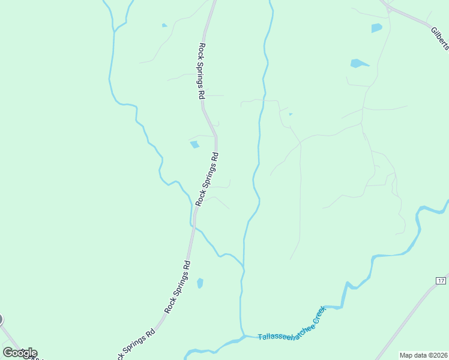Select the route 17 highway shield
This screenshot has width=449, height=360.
[x=441, y=281]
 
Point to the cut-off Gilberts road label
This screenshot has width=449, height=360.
[x=440, y=38]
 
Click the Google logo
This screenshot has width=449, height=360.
[x=20, y=352]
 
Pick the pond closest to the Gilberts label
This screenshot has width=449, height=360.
[x=376, y=28]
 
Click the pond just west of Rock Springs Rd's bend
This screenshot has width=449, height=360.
[x=194, y=144]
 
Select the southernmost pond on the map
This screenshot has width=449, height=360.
[x=200, y=283]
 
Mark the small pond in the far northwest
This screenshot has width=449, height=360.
[x=164, y=25]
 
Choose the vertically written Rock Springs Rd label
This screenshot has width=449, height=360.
[x=202, y=70]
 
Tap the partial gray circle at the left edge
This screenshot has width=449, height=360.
[x=1, y=320]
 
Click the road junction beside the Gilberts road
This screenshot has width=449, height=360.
[x=390, y=9]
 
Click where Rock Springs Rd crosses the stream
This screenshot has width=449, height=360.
[x=193, y=226]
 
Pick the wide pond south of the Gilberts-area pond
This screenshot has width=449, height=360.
[x=359, y=63]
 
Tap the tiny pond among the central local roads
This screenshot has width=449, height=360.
[x=291, y=114]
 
